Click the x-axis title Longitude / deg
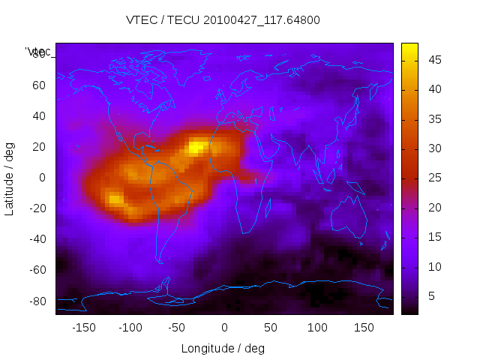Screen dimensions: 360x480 point(223,349)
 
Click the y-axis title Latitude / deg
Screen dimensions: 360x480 point(10,178)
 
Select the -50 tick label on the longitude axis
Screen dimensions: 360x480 point(177,328)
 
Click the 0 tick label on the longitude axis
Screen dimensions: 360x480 point(224,328)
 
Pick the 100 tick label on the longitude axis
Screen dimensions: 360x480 point(317,328)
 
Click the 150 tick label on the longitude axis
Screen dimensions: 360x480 point(364,328)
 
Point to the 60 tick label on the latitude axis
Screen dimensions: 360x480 point(38,85)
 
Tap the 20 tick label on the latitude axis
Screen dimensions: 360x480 point(38,147)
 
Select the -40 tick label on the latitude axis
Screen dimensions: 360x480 point(36,239)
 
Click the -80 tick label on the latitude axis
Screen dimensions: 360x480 point(36,301)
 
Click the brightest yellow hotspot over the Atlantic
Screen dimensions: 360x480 point(198,147)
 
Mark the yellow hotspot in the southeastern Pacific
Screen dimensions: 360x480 point(115,199)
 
